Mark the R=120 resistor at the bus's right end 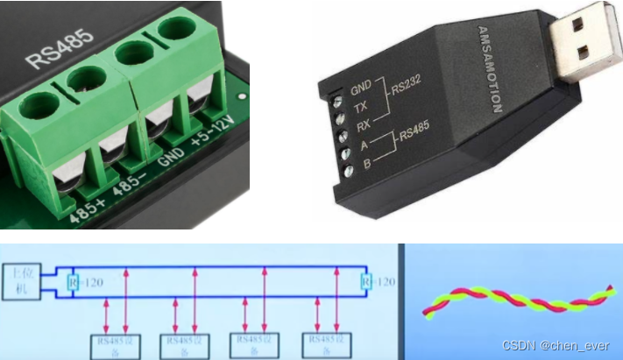[369, 283]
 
